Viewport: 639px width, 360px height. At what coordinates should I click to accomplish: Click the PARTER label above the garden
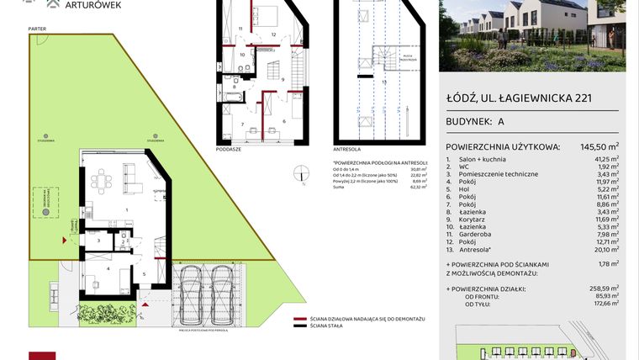click(x=36, y=28)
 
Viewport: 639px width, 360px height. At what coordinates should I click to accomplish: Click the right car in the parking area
click(x=222, y=291)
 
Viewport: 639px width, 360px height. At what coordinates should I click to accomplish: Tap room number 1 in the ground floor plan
click(x=126, y=209)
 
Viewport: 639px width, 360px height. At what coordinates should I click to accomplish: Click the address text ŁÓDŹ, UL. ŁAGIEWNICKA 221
click(x=519, y=98)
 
